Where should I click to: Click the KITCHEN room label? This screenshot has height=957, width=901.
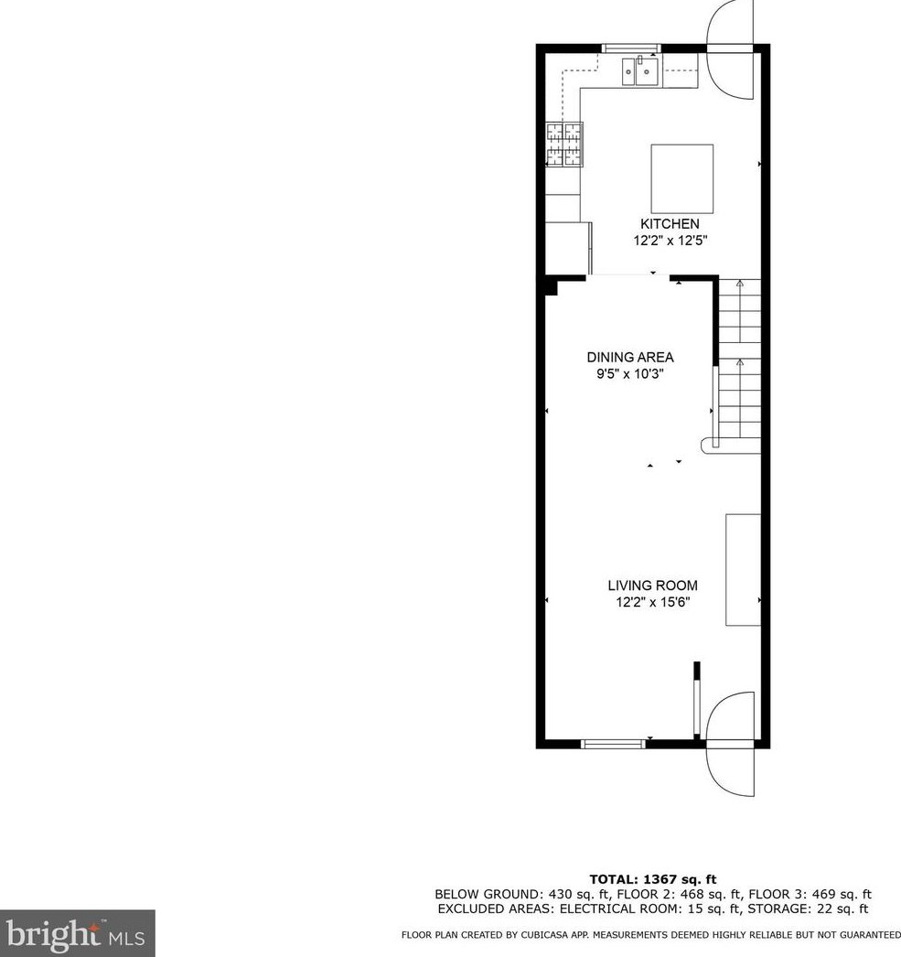tap(670, 224)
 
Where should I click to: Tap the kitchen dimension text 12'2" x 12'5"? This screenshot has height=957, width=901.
tap(670, 241)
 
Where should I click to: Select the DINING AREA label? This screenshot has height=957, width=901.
tap(629, 358)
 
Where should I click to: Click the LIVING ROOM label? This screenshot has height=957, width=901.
tap(652, 586)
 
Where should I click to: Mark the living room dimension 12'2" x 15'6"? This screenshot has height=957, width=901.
tap(652, 602)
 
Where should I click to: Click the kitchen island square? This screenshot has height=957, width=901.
tap(682, 178)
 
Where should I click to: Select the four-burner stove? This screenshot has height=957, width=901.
tap(563, 144)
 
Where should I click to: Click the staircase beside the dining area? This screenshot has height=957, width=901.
tap(737, 366)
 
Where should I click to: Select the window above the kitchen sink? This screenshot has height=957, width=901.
tap(630, 48)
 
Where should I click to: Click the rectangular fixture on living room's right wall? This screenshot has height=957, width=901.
tap(742, 570)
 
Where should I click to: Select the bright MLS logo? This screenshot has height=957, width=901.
tap(77, 933)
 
